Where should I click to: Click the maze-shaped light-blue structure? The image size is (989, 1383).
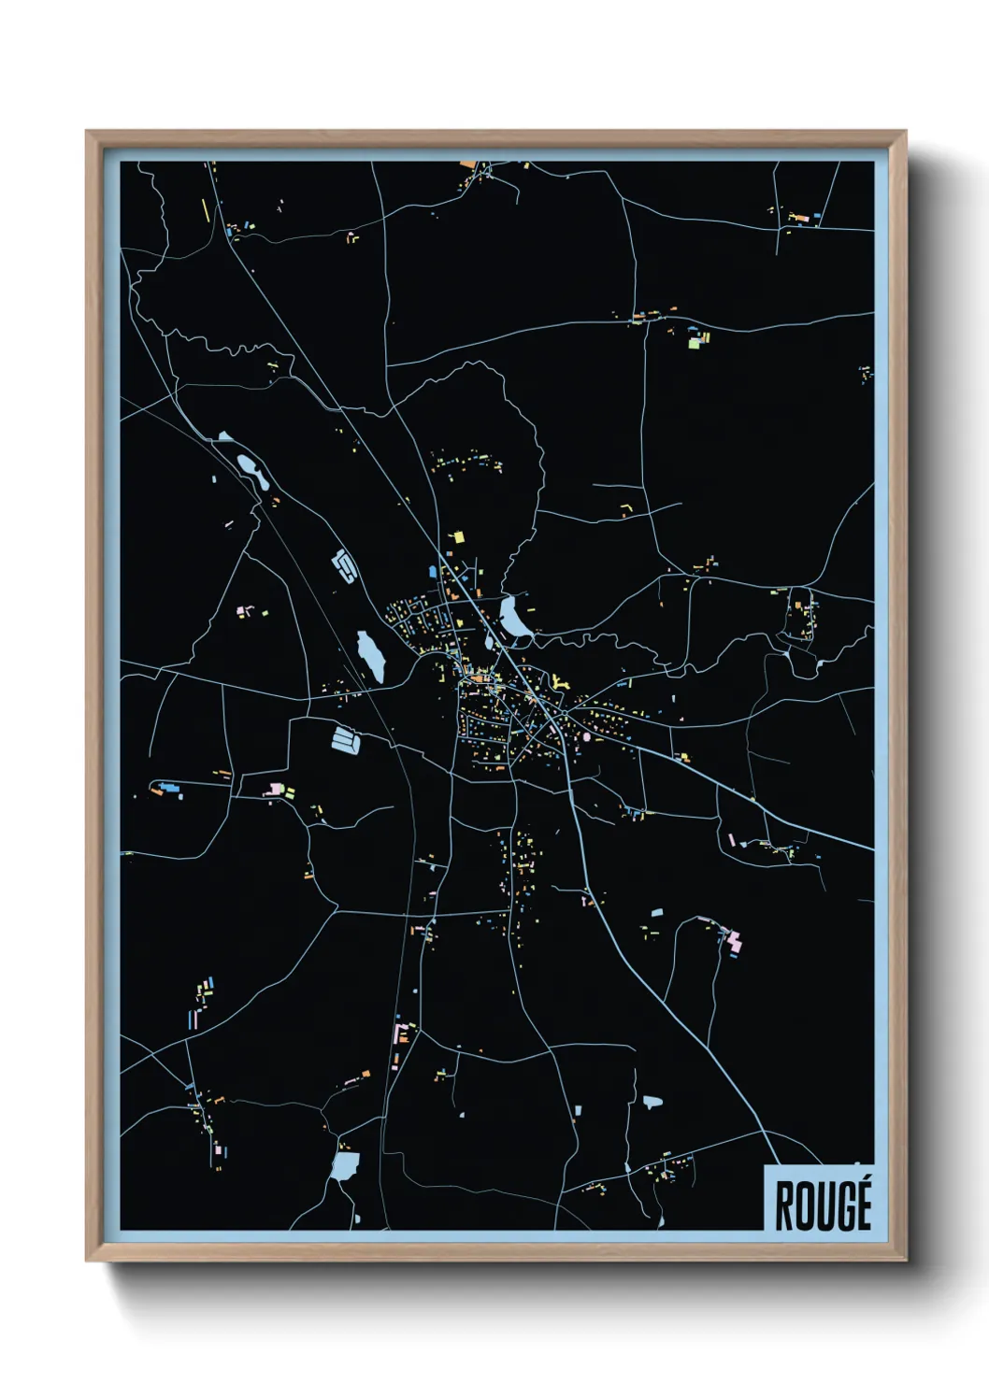tap(344, 564)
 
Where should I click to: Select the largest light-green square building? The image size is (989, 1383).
tap(694, 342)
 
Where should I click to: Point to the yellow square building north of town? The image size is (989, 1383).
tap(458, 536)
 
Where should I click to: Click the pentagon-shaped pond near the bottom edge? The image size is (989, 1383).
tap(345, 1164)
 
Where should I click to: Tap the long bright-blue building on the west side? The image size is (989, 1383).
tap(169, 786)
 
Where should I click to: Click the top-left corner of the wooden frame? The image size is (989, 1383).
tap(88, 133)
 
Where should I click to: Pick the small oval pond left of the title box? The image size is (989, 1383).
tap(652, 1102)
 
